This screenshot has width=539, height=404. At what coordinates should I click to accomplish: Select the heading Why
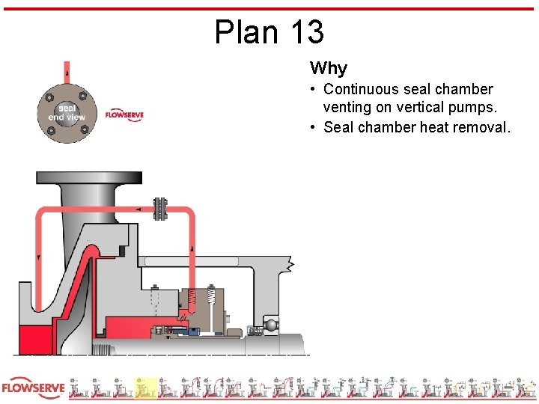click(329, 69)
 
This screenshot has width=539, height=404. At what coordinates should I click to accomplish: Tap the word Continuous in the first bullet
click(362, 90)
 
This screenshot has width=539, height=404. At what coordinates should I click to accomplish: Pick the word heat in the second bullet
click(435, 127)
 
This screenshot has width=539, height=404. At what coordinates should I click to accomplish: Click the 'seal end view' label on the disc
click(67, 113)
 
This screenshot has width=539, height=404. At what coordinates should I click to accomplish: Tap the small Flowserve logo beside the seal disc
click(124, 115)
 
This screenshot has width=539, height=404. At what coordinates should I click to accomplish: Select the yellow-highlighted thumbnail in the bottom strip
click(144, 388)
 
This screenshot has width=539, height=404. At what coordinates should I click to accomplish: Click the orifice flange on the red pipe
click(159, 209)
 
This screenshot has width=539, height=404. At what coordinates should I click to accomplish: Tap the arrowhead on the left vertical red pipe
click(39, 257)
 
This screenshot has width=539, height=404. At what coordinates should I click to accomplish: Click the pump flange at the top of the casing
click(88, 179)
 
